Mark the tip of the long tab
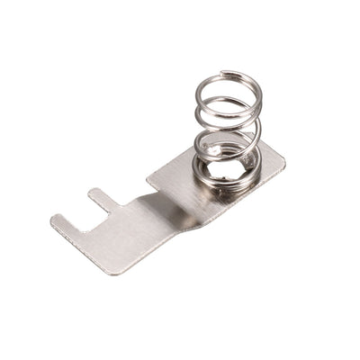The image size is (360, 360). coord(56,219)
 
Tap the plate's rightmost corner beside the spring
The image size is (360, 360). coord(284,162)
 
